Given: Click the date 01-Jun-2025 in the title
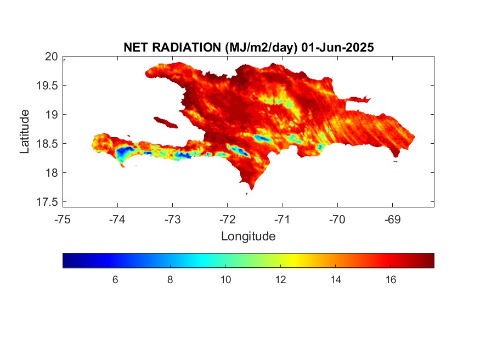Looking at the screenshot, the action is point(337,47).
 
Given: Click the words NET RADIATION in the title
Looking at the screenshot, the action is point(172,47).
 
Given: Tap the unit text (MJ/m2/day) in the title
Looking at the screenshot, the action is point(261,48).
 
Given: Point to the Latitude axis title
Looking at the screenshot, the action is point(24,131).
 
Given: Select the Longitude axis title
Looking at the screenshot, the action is point(249,237).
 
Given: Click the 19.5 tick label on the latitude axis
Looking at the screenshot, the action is point(47,86).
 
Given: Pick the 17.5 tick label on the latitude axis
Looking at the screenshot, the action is point(47,202).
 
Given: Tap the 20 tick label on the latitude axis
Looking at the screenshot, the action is point(51,57).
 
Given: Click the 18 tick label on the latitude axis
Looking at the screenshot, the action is point(52,173).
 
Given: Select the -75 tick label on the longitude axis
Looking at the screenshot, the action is point(63,220).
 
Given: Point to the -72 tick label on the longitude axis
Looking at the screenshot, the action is point(228,220).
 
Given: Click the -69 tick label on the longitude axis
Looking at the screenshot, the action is point(392,220).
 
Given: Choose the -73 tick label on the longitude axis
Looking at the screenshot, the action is point(172,220).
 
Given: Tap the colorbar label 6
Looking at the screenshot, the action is point(115,280).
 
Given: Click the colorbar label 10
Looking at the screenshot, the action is point(225,280).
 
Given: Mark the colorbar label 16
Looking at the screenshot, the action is point(391,280).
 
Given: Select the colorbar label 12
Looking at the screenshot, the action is point(281,280).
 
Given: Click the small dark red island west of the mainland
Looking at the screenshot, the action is point(166,122).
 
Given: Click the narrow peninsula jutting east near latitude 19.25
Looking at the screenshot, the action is point(358,99).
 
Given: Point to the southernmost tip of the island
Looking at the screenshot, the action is point(252,189).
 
